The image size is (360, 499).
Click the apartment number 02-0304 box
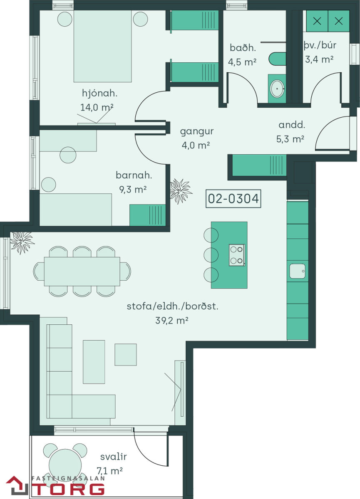coord(233,198)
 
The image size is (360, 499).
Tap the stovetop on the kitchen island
coord(237,255)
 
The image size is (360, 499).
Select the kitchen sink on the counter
coord(297,271)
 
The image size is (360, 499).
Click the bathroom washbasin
coord(277,89)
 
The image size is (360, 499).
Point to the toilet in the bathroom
coord(277,59)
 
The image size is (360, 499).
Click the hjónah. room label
coord(99,93)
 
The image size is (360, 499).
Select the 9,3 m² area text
coord(133,190)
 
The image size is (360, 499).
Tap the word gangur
coord(197,132)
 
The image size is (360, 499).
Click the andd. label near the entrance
coord(292,125)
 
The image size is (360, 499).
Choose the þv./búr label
coord(320,45)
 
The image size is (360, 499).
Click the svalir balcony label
coord(114,457)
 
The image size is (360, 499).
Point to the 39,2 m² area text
coord(172,321)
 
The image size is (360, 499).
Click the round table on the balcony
coord(65,465)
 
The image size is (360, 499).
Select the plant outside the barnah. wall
coord(181,191)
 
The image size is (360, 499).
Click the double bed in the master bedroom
coord(102,46)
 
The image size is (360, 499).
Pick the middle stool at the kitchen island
coord(211,255)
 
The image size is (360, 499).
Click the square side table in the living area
coord(126,355)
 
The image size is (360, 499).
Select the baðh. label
coord(243,48)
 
